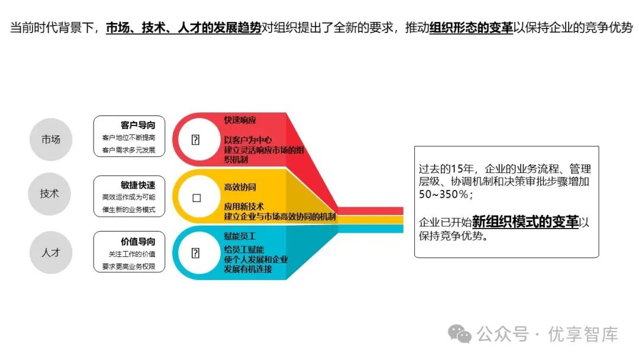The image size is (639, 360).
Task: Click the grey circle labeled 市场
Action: (50, 140)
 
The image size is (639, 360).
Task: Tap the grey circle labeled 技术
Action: (50, 193)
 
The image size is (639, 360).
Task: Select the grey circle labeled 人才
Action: (50, 252)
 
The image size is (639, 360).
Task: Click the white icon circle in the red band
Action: (196, 140)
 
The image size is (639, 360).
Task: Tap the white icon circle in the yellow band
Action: (196, 198)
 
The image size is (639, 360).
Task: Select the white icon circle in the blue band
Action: (196, 253)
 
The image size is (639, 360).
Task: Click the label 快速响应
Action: (240, 120)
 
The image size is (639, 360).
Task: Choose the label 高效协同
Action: (240, 187)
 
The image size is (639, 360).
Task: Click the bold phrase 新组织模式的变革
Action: (525, 222)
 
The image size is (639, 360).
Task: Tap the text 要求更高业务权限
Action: (128, 266)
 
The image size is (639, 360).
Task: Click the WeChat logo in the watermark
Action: (460, 334)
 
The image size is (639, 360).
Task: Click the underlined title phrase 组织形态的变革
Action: (472, 28)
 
